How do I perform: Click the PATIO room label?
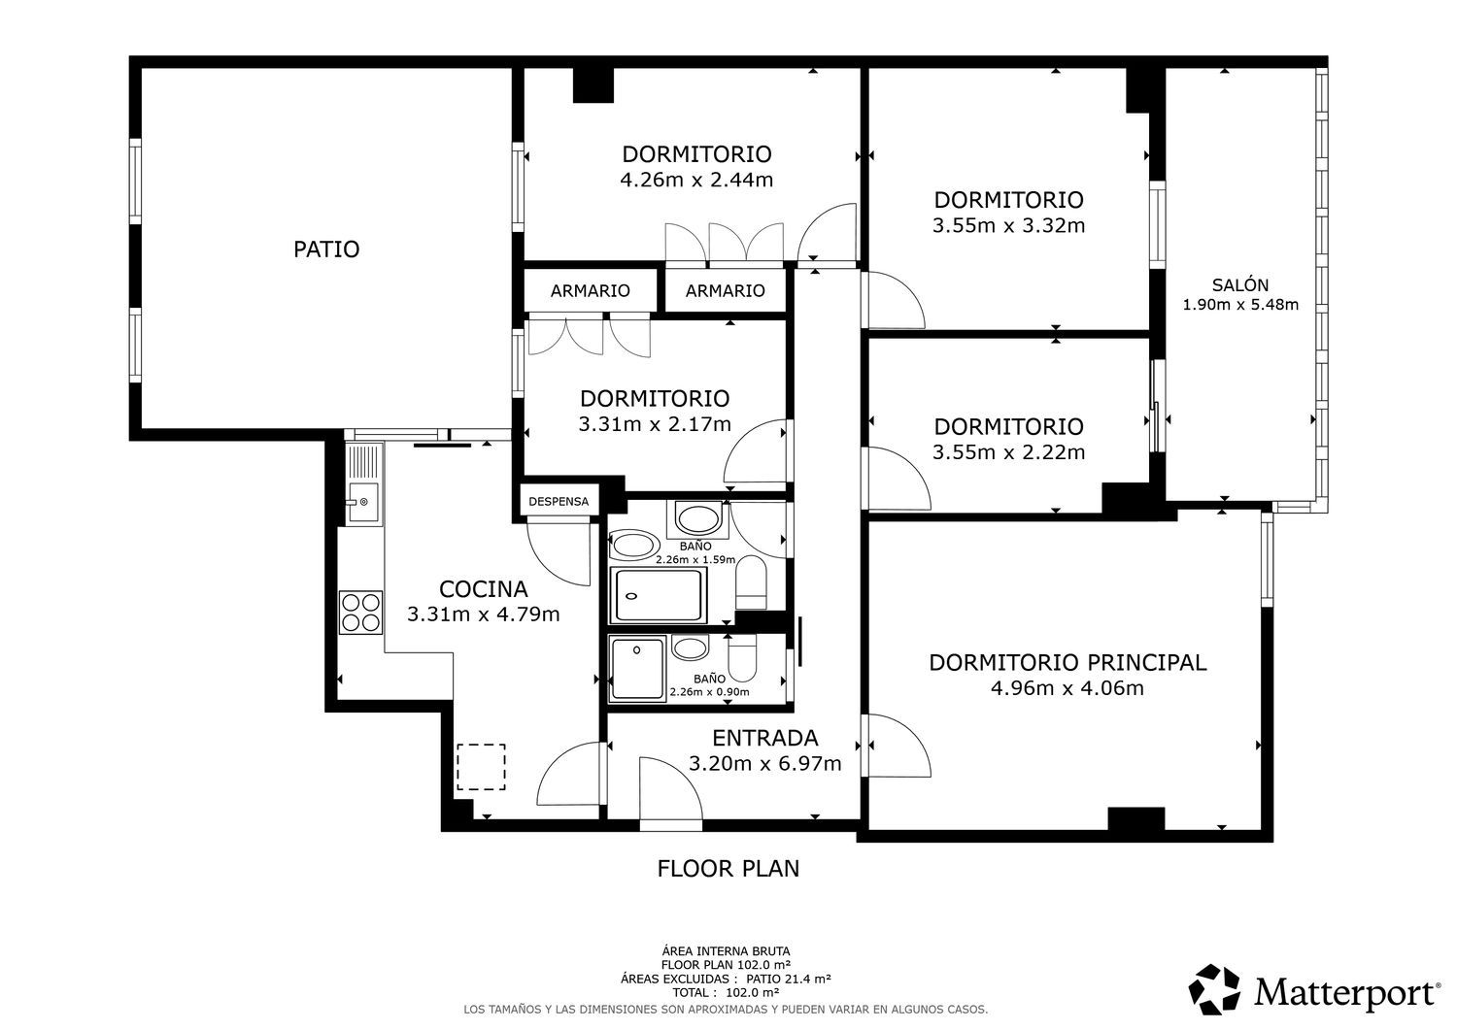coord(325,249)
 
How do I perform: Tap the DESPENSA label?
coord(559,501)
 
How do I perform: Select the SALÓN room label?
coord(1240,284)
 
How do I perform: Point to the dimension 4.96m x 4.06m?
coord(1067,688)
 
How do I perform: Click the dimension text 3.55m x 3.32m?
coord(1009,225)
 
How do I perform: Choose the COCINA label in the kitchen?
coord(484,589)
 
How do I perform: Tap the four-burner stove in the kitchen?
coord(361,612)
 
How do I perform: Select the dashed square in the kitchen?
coord(481,767)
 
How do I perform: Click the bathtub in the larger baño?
coord(659,595)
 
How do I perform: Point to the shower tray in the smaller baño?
coord(637,669)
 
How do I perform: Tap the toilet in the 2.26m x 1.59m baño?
coord(751,581)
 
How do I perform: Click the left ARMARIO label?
coord(590,290)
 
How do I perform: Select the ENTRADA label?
coord(765,738)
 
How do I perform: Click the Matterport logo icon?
coord(1214,989)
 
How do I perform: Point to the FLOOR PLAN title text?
coord(728,869)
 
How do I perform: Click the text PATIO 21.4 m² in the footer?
coord(789,979)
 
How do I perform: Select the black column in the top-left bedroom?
coord(593,84)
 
